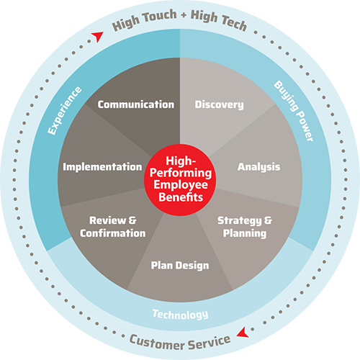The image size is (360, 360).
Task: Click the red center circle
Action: (180, 180)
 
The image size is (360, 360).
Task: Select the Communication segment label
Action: (136, 104)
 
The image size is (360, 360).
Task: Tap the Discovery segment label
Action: (219, 105)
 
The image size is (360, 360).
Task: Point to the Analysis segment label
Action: (258, 167)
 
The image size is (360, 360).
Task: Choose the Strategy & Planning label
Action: (245, 227)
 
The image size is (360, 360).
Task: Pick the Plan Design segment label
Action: (180, 266)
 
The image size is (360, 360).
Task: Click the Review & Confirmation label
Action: (113, 227)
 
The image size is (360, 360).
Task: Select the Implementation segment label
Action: (102, 167)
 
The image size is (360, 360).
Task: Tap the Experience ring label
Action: (64, 111)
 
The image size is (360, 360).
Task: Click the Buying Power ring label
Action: (294, 111)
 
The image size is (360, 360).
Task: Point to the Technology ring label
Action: (180, 315)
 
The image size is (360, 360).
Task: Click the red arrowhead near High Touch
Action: (98, 37)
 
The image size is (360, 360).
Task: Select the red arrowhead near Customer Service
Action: (243, 333)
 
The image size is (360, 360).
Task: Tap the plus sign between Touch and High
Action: (184, 15)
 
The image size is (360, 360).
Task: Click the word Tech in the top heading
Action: (234, 22)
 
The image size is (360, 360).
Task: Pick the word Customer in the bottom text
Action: (157, 343)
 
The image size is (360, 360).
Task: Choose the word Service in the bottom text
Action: (210, 342)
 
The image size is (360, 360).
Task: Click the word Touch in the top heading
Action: (159, 16)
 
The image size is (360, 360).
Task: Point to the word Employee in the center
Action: (181, 185)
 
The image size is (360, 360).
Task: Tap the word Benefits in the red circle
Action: (181, 197)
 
